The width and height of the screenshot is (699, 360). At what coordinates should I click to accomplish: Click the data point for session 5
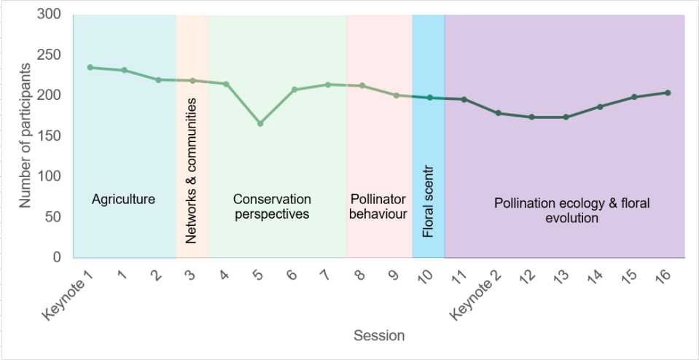260,123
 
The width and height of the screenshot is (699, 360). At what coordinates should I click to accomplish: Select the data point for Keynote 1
90,67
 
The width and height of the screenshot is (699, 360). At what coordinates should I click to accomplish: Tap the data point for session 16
668,93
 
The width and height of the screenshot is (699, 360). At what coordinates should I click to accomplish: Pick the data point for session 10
430,98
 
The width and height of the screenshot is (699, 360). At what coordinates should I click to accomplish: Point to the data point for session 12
532,117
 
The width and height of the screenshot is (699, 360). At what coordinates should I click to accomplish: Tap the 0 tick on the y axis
56,258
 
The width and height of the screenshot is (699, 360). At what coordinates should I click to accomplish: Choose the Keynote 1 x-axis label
69,293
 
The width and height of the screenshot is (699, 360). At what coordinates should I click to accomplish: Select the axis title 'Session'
379,336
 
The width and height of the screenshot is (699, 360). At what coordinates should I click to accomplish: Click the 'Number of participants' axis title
26,136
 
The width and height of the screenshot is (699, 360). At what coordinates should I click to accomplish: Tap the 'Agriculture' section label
124,199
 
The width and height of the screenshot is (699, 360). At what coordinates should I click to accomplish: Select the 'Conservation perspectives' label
272,206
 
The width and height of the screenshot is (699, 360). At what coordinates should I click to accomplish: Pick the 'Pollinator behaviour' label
378,206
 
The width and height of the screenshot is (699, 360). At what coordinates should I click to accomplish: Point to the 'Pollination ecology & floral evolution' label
571,211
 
